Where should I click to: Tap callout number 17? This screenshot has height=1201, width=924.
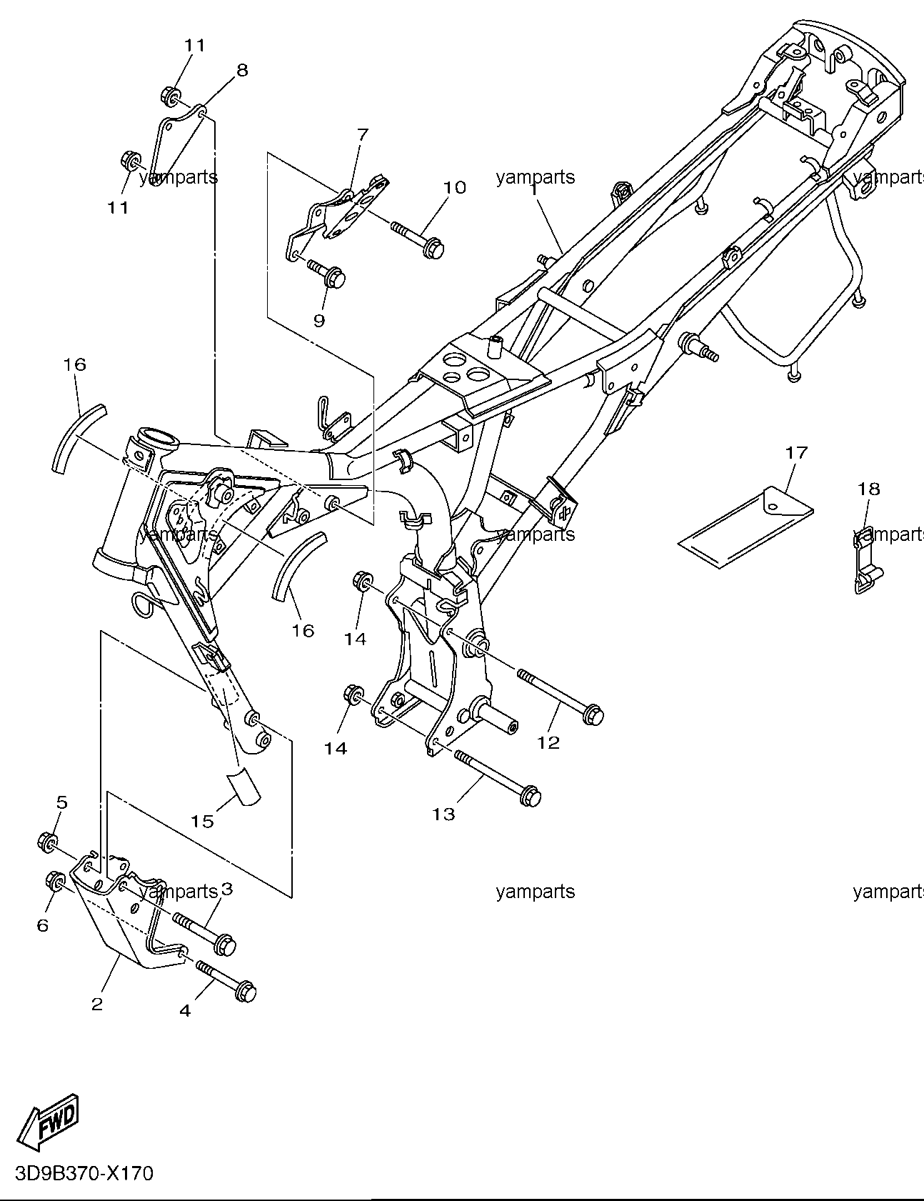(796, 452)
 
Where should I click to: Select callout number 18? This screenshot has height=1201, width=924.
(869, 489)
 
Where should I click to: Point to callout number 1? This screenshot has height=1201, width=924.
(533, 191)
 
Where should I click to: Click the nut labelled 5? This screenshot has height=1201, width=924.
(48, 842)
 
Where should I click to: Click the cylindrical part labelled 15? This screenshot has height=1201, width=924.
(243, 787)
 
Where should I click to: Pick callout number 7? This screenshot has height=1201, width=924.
(362, 134)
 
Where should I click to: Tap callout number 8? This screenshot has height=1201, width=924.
(242, 70)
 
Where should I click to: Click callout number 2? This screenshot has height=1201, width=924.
(97, 1004)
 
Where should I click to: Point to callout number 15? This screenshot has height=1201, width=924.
(202, 821)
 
